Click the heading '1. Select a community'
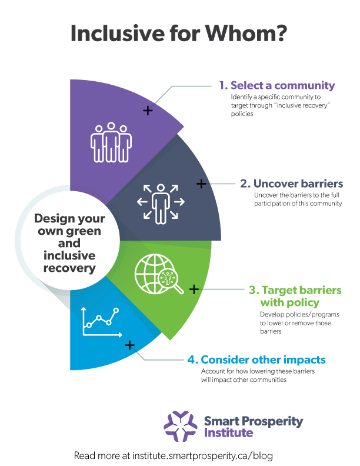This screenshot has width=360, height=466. pos(277,85)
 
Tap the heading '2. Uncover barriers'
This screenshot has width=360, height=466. pos(291,184)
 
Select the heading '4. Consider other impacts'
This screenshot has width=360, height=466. pos(256,360)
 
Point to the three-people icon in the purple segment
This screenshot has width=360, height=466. pos(111,142)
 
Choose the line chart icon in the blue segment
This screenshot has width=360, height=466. pos(101,322)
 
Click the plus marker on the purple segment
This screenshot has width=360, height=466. pos(148,111)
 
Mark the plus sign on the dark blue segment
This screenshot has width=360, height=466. pos(201,184)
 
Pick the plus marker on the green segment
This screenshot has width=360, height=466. pos(194,289)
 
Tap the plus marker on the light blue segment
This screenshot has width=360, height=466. pos(129,345)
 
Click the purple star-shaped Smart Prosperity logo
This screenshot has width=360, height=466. pos(181,426)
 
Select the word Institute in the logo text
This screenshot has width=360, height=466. pos(228,433)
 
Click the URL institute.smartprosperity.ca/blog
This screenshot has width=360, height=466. pos(202,455)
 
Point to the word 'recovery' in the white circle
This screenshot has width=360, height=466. pos(69,268)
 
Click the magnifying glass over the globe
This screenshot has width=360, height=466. pos(171,281)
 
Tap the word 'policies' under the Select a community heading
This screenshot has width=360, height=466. pos(242,114)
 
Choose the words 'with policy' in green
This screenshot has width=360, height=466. pos(290,303)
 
